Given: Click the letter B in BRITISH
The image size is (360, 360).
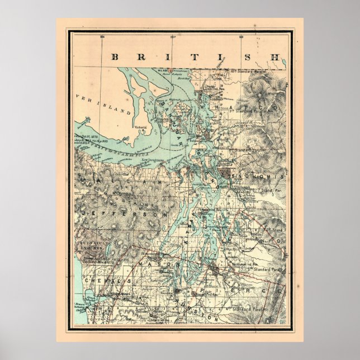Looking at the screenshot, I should [x=115, y=56].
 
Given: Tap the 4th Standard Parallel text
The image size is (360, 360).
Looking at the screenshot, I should [x=247, y=307].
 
